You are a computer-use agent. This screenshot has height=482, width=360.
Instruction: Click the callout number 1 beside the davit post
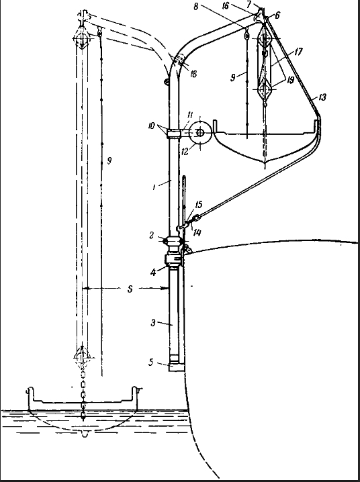point(154,187)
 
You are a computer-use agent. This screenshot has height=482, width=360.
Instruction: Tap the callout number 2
point(152,235)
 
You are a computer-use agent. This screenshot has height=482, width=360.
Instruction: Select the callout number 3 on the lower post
point(153,323)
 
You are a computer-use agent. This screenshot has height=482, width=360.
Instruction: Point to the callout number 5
point(150,363)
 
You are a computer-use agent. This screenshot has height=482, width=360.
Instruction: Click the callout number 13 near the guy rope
point(322,97)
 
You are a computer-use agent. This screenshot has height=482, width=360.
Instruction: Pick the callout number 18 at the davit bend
point(193,74)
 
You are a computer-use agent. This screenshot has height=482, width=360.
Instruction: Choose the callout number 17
point(298,52)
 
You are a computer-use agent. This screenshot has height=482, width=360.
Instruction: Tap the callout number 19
point(290,80)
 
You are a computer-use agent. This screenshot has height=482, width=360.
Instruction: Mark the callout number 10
point(151,126)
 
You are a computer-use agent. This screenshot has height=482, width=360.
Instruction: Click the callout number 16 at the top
point(226,5)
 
